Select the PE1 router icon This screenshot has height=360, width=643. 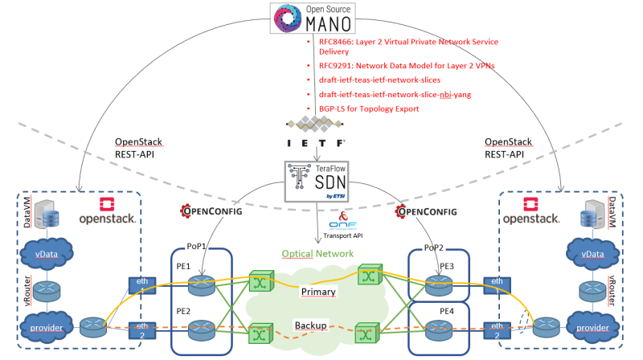click(x=198, y=284)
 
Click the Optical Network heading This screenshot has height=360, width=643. click(x=319, y=253)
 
